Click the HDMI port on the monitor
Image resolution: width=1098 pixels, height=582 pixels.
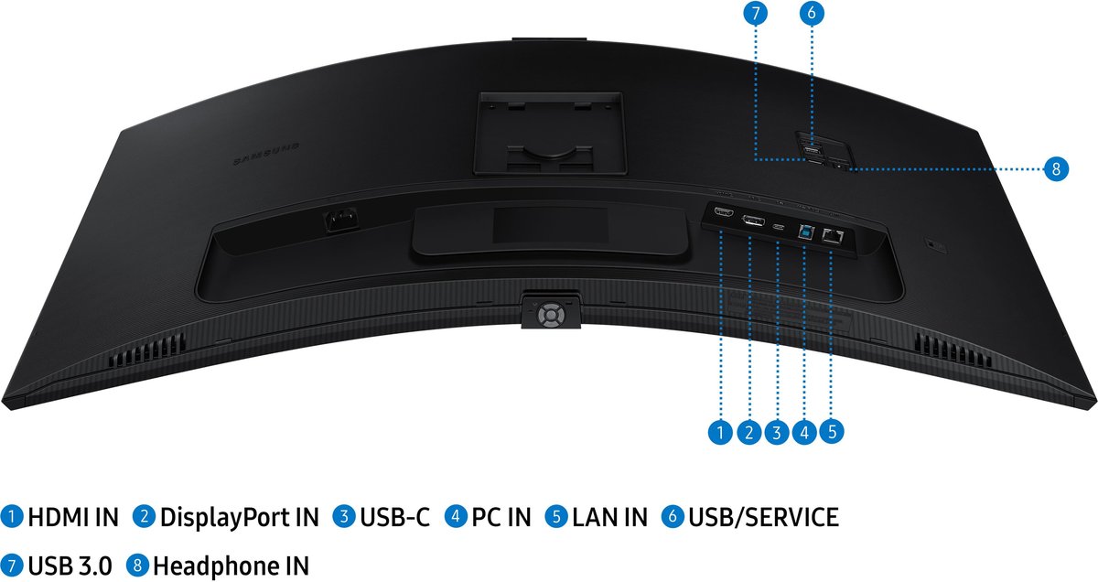tap(723, 213)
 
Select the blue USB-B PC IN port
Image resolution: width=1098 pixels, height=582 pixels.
tap(805, 232)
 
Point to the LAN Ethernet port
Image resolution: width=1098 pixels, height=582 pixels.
tap(833, 236)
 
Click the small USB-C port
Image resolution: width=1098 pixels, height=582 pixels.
tap(779, 227)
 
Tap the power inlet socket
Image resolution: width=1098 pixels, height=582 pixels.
tap(341, 220)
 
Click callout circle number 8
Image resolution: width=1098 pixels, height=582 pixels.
tap(1055, 169)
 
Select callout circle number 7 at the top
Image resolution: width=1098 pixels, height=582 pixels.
tap(755, 13)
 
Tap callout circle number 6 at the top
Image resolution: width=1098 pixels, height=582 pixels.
tap(812, 13)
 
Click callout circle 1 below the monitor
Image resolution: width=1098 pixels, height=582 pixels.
tap(720, 432)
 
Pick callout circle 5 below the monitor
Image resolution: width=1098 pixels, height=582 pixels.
tap(832, 432)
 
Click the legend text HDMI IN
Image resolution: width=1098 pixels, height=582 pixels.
tap(73, 517)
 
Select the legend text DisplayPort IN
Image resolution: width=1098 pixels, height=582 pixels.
tap(239, 518)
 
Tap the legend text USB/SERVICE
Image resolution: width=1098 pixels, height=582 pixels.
tap(763, 517)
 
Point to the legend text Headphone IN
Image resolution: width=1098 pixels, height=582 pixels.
tap(231, 566)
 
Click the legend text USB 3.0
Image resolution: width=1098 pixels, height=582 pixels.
tap(70, 566)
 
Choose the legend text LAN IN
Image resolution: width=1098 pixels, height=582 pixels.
tap(609, 517)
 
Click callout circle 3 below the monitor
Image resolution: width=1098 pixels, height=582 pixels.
tap(777, 432)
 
